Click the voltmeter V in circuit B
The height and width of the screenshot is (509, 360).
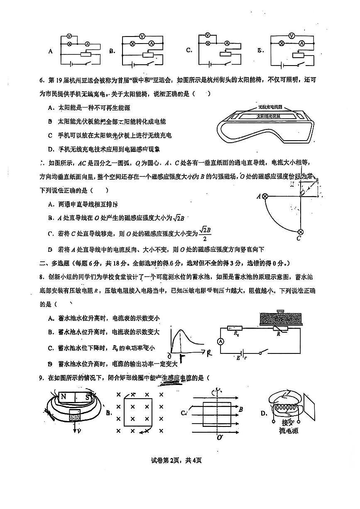[x=142, y=37]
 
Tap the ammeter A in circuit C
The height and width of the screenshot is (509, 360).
[x=227, y=43]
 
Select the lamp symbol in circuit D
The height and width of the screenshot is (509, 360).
[x=281, y=43]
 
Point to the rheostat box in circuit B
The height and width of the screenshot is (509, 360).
[x=147, y=55]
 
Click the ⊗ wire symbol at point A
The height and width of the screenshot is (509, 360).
[x=264, y=197]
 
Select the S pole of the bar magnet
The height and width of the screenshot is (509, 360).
[x=88, y=397]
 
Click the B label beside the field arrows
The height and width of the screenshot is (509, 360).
[x=240, y=409]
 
